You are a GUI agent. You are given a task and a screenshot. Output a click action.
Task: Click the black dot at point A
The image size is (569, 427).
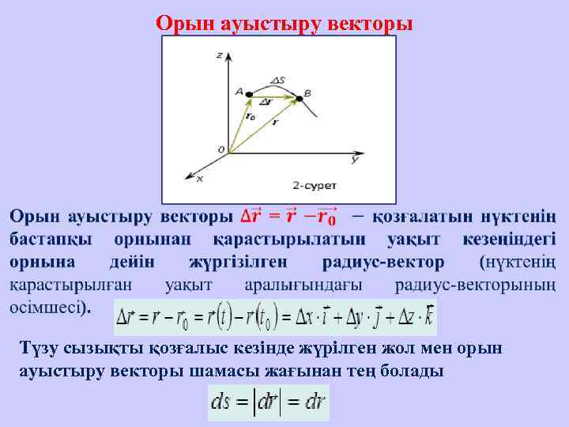click(249, 95)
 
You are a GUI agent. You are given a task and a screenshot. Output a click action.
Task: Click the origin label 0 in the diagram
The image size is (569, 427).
click(221, 149)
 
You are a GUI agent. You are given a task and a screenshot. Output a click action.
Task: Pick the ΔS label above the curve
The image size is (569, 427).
click(277, 80)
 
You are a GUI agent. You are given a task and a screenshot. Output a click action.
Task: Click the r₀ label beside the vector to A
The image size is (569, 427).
click(251, 118)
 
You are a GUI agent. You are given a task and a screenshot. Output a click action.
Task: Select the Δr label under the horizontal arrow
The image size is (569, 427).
click(266, 103)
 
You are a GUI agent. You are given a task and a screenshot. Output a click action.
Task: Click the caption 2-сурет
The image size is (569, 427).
click(315, 186)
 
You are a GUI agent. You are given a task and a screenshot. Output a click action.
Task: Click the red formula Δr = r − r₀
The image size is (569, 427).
click(288, 215)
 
